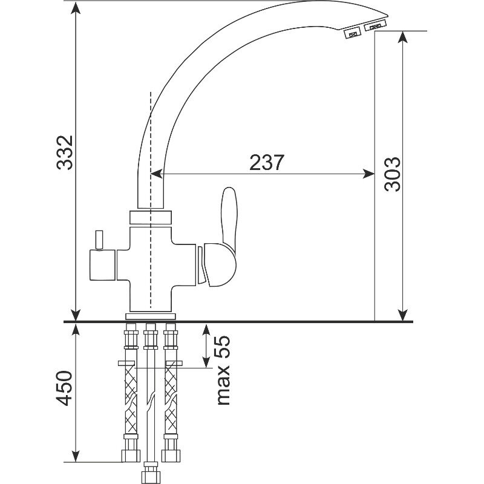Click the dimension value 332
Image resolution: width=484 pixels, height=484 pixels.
coord(65,152)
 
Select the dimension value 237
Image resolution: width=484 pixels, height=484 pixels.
coord(266,162)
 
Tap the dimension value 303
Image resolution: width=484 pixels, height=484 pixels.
coord(392,174)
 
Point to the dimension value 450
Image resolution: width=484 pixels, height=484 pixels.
coord(64,388)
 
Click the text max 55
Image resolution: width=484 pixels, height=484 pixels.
coord(223,370)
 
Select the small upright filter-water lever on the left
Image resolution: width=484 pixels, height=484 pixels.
coord(99,239)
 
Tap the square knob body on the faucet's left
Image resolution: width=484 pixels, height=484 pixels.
coord(102,265)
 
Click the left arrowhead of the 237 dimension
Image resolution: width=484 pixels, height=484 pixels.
coord(157,174)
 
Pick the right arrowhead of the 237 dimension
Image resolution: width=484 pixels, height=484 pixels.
coord(368,174)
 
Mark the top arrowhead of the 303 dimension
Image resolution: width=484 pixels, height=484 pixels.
coord(402,37)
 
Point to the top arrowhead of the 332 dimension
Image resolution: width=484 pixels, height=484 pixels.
coord(76,7)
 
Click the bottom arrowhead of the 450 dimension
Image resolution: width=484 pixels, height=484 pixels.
coord(76,456)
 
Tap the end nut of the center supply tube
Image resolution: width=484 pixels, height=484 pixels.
coord(150,473)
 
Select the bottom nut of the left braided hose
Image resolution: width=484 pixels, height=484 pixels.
coord(131,456)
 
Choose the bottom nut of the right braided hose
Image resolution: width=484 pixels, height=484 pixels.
coord(171,456)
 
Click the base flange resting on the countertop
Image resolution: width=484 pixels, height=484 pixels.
coord(150,316)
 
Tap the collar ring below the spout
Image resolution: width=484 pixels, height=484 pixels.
coord(150,218)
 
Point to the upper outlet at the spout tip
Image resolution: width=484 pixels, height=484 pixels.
coord(375,25)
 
